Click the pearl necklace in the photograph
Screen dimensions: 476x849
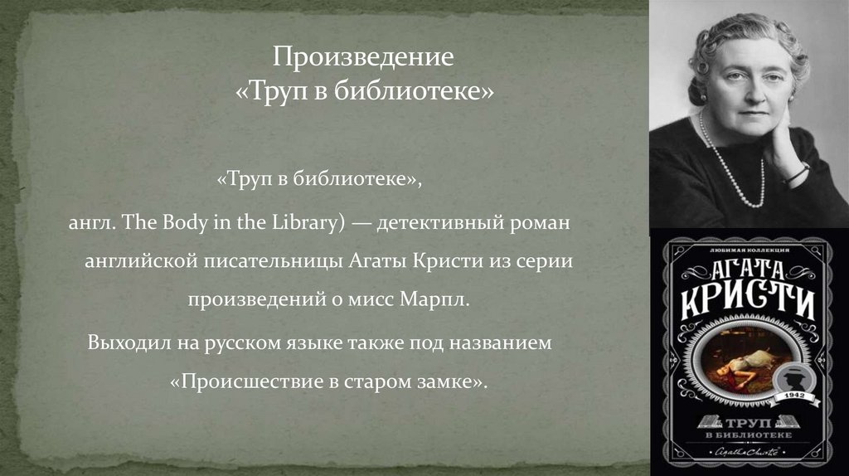(730, 166)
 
